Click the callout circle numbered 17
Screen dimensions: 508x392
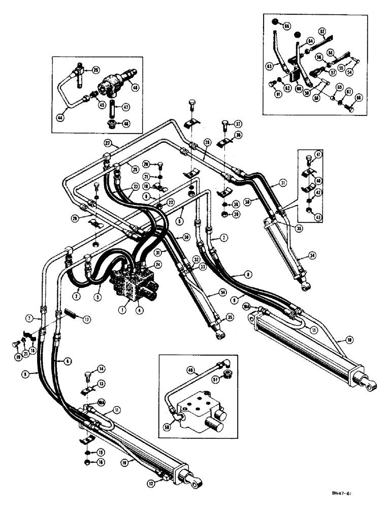pos(87,320)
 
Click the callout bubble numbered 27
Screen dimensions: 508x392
pos(108,143)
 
